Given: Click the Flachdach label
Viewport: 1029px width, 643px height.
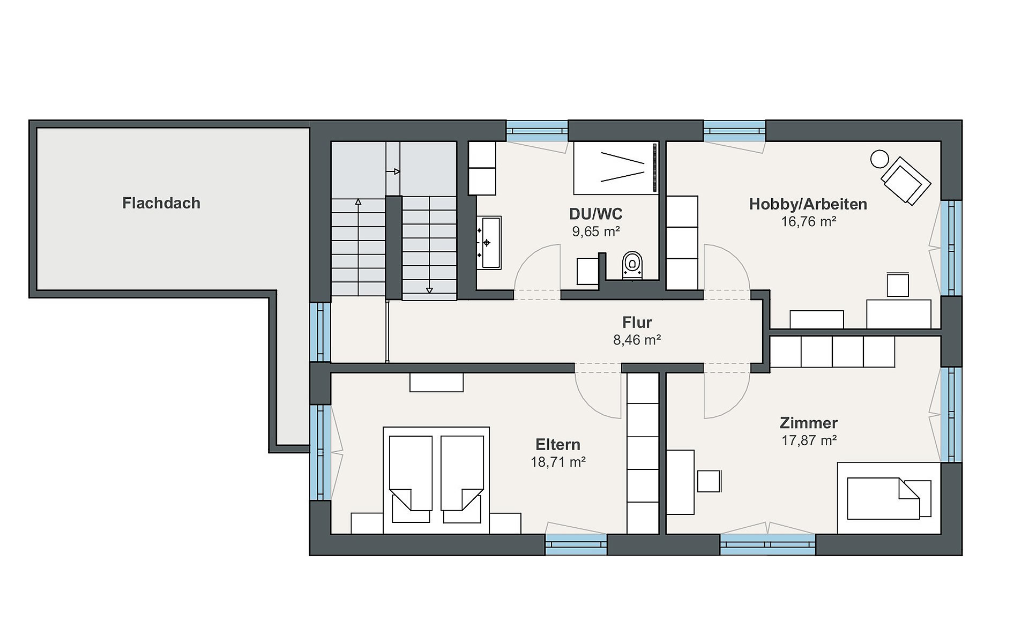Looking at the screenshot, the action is tap(161, 203).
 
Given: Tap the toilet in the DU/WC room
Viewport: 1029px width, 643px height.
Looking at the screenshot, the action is tap(632, 265).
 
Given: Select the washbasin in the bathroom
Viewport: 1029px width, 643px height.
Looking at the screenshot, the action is tap(490, 242).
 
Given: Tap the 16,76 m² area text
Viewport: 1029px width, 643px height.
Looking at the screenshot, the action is tap(809, 221).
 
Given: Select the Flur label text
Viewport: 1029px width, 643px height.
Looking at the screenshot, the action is tap(637, 322).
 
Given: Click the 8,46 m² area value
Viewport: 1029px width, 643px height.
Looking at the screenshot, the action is tap(637, 340).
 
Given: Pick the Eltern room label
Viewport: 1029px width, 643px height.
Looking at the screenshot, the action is tap(558, 445).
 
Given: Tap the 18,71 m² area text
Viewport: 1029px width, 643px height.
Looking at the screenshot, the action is tap(558, 462).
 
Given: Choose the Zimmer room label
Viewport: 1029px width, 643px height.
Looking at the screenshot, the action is tap(809, 423).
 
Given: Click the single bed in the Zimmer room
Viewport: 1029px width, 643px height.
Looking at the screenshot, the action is tap(889, 498).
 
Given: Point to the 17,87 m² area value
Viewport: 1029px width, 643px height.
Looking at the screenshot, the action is tap(809, 440).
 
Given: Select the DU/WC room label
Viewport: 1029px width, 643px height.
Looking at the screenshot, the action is tap(596, 214).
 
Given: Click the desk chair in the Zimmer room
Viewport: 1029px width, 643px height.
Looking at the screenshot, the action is tap(709, 481).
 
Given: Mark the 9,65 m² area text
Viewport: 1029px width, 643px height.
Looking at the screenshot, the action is tap(596, 231).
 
